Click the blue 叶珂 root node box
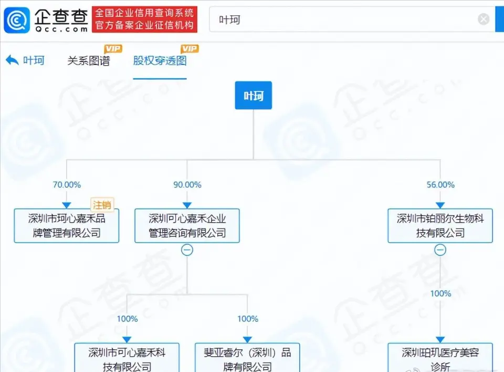pyautogui.click(x=253, y=95)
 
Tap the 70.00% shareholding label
pyautogui.click(x=67, y=185)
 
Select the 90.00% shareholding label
pyautogui.click(x=187, y=185)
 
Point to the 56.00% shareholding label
pyautogui.click(x=440, y=185)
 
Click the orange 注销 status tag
pyautogui.click(x=102, y=205)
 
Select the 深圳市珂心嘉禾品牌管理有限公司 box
pyautogui.click(x=67, y=225)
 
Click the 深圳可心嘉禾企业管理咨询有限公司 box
pyautogui.click(x=187, y=225)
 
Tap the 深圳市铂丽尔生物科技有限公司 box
pyautogui.click(x=440, y=225)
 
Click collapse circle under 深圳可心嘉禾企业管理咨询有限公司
pyautogui.click(x=187, y=250)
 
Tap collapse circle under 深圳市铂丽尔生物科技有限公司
pyautogui.click(x=440, y=250)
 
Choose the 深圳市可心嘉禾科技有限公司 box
pyautogui.click(x=127, y=357)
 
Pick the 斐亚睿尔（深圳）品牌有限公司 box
pyautogui.click(x=247, y=357)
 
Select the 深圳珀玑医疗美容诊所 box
pyautogui.click(x=440, y=357)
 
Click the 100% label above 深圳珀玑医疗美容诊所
pyautogui.click(x=440, y=294)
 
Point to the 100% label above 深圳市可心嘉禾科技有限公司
pyautogui.click(x=127, y=318)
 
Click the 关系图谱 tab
pyautogui.click(x=89, y=61)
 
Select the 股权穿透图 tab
pyautogui.click(x=160, y=61)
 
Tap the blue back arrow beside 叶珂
pyautogui.click(x=12, y=60)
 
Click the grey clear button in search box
pyautogui.click(x=484, y=19)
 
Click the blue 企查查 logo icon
pyautogui.click(x=17, y=20)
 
